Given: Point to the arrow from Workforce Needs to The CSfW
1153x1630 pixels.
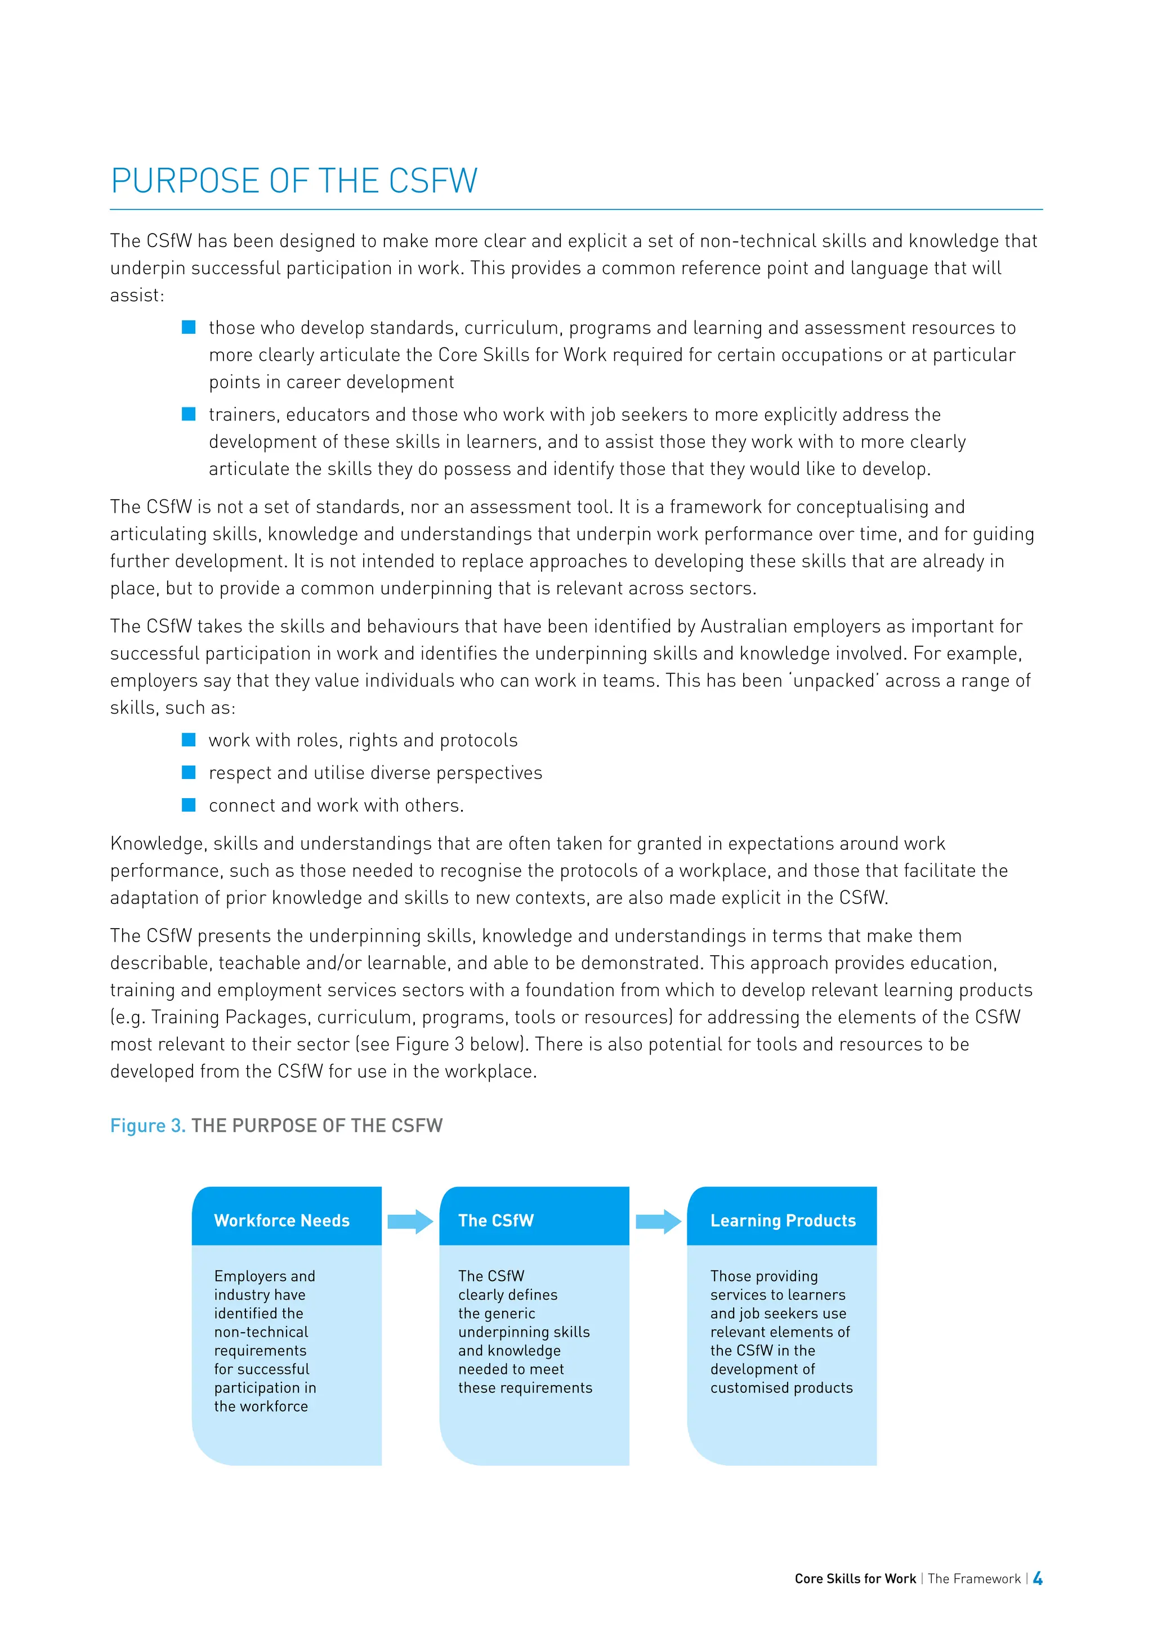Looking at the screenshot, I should [410, 1221].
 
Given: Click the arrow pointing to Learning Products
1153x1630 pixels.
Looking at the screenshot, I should [658, 1221].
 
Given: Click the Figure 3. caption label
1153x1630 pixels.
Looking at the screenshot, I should [148, 1125].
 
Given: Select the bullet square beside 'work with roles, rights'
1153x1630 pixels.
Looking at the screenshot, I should [189, 740].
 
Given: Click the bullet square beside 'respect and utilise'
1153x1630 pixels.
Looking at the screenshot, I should [189, 772].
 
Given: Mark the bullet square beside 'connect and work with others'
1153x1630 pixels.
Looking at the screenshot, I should [189, 805].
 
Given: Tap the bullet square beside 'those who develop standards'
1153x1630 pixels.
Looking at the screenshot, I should [189, 327].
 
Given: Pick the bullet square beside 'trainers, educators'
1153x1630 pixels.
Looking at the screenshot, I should [189, 414].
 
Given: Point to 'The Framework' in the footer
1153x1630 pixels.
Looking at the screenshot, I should [973, 1579].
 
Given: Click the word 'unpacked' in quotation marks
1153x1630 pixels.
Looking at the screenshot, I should [834, 681].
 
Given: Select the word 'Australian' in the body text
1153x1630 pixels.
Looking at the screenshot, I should [743, 626].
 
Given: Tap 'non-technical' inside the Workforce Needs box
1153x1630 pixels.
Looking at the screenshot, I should [261, 1332].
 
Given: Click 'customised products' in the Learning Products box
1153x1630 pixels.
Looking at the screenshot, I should [781, 1387].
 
